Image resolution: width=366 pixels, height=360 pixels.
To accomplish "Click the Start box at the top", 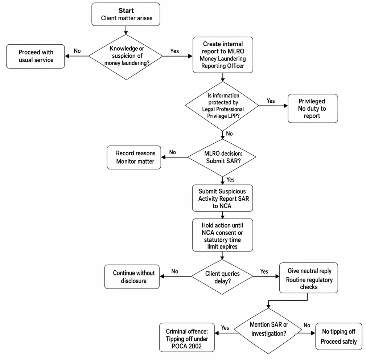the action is tap(126, 14).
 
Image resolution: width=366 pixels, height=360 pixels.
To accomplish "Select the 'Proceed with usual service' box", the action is tap(36, 56).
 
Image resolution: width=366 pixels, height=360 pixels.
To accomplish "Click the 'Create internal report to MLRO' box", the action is tap(223, 55).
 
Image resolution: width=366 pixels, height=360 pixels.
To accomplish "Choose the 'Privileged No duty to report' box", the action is tap(313, 109).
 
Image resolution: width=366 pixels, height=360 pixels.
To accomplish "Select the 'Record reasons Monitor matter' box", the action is tap(134, 157).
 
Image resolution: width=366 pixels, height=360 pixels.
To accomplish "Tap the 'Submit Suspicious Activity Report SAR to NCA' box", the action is tap(222, 198).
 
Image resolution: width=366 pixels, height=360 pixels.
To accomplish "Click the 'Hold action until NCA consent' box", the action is tap(223, 235).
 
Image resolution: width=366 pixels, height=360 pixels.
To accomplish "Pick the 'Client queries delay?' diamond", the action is tap(222, 277).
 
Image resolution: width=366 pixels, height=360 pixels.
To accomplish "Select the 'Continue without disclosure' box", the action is tap(132, 277).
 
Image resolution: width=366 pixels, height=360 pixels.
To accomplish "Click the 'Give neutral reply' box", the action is tap(309, 278).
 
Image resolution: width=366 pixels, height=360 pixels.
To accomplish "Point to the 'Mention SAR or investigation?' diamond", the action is tap(268, 331).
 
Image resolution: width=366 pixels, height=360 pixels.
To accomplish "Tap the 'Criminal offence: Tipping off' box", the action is tap(187, 337).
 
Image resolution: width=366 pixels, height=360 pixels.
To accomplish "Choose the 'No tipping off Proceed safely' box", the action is tap(339, 336).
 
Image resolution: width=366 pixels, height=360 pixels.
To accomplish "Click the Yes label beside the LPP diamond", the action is tap(271, 101).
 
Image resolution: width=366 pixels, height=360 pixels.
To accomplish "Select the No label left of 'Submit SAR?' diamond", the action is tap(173, 152).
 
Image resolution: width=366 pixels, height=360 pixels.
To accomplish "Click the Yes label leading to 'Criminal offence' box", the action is tap(225, 328).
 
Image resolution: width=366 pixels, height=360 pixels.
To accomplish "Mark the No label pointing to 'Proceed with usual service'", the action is tap(77, 51).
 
